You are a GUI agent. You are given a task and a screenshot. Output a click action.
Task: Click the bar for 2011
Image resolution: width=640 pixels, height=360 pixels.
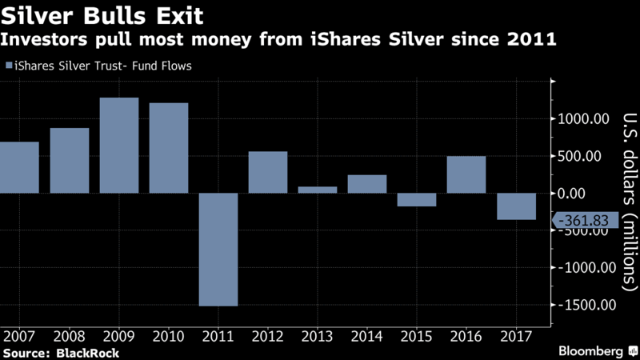click(x=218, y=249)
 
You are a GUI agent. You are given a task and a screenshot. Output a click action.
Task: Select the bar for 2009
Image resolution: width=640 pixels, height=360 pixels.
click(x=119, y=145)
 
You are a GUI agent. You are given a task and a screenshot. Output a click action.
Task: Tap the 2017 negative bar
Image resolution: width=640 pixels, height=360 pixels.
click(x=516, y=206)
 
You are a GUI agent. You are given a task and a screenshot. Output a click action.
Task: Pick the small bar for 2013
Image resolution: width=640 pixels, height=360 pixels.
click(x=318, y=190)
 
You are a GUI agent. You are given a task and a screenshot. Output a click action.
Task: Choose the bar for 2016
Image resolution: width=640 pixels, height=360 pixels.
click(x=466, y=174)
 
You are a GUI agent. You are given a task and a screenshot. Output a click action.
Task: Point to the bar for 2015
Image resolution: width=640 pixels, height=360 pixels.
click(x=417, y=199)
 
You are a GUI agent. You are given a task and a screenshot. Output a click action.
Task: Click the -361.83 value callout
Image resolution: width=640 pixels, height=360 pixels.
click(x=583, y=220)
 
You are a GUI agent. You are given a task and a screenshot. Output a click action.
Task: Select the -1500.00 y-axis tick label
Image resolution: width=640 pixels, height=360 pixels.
click(x=583, y=305)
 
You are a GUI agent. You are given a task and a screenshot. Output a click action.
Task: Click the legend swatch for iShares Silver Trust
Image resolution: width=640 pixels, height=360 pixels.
click(x=9, y=66)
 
